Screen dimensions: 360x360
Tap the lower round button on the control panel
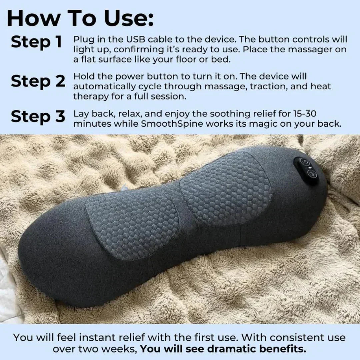tap(312, 173)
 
